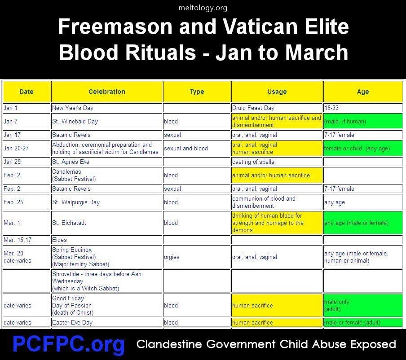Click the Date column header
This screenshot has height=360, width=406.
click(26, 92)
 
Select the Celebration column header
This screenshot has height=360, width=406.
click(107, 92)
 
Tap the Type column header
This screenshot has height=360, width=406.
click(197, 92)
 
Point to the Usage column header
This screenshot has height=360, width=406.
click(277, 92)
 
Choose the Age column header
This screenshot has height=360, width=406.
click(363, 92)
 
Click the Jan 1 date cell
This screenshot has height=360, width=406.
click(26, 108)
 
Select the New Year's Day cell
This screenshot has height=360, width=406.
click(107, 108)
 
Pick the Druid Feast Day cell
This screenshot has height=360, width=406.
click(277, 108)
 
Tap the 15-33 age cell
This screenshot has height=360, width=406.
click(363, 108)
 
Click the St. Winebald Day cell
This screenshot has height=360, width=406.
click(107, 121)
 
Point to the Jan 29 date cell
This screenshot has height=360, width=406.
click(26, 162)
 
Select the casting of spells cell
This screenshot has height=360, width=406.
click(277, 162)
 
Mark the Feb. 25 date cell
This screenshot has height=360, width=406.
click(26, 202)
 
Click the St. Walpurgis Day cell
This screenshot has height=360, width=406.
click(107, 202)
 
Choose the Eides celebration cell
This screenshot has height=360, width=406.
click(107, 240)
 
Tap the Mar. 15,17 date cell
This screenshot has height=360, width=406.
click(26, 240)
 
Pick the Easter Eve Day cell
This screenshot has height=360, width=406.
click(107, 322)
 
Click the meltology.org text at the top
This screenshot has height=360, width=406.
click(203, 8)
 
